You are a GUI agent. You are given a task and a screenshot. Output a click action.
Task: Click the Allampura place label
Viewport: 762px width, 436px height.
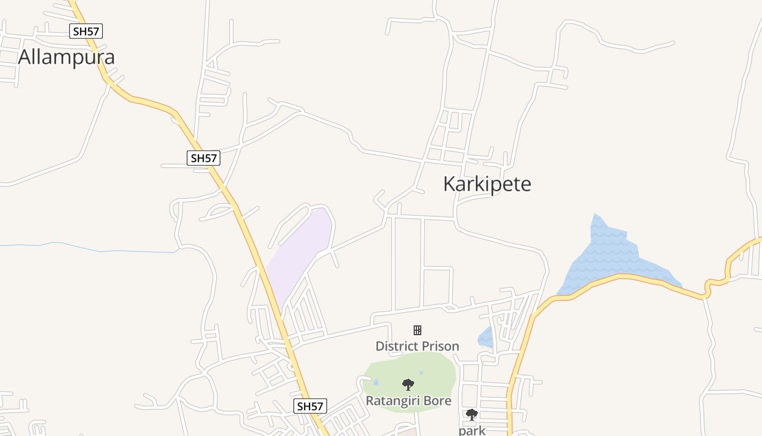(x=66, y=57)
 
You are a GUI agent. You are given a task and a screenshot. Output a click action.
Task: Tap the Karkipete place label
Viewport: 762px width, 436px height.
(x=487, y=184)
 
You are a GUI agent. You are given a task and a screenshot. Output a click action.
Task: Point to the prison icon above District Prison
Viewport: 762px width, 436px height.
(x=417, y=330)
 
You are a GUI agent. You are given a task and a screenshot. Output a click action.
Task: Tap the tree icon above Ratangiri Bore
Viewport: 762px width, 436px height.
(x=408, y=385)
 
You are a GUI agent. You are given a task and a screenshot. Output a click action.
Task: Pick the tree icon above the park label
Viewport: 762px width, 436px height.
(x=472, y=415)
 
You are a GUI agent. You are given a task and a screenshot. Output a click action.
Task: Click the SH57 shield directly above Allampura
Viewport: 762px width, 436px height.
(x=86, y=31)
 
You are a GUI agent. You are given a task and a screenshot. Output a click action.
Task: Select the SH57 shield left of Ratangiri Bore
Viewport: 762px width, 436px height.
(x=310, y=406)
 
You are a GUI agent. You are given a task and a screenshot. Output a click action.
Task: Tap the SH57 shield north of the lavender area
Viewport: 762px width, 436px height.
(x=204, y=159)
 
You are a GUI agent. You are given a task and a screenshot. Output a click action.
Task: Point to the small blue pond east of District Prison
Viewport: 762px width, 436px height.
(x=486, y=338)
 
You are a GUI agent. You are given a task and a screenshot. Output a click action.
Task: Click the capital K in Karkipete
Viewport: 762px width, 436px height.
(x=450, y=184)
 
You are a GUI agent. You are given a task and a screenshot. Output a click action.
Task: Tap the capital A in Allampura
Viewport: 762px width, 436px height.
(x=24, y=57)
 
